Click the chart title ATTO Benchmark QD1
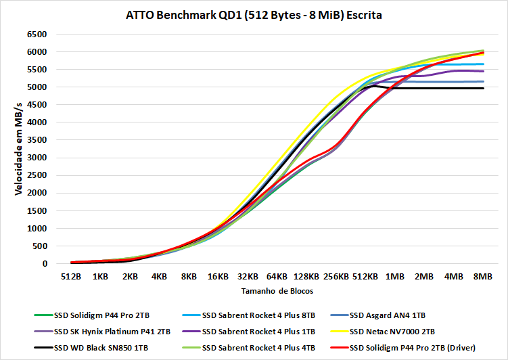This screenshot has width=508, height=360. (254, 14)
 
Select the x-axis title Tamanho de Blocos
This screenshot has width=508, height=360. (277, 291)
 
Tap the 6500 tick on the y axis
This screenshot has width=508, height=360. (37, 35)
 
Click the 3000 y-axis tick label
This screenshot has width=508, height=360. (37, 158)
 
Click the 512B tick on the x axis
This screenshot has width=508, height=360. (71, 277)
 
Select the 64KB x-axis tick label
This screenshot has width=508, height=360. (277, 277)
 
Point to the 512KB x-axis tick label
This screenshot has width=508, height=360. (365, 277)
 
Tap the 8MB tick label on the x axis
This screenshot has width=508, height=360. (483, 277)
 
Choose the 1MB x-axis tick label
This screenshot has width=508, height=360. (395, 277)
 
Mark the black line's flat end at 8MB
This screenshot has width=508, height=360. (483, 89)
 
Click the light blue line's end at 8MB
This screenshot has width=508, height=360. (483, 64)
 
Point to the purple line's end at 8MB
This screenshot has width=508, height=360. (483, 71)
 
